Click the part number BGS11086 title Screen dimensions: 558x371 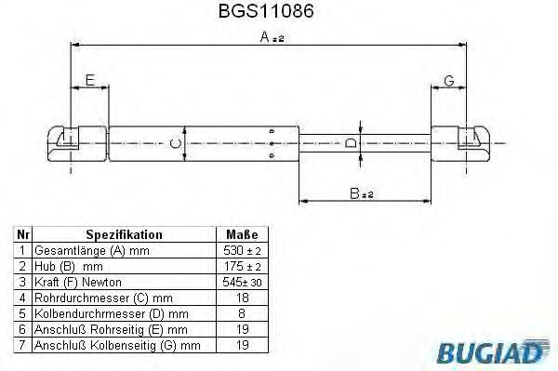tap(265, 10)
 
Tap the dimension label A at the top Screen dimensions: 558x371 tap(272, 36)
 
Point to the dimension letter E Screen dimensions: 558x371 tap(90, 80)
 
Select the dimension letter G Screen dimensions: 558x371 tap(449, 81)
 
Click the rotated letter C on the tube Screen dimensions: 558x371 tap(176, 144)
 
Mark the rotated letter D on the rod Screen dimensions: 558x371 tap(351, 143)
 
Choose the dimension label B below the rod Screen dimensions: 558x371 tap(362, 193)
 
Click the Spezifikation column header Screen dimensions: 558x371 tap(125, 234)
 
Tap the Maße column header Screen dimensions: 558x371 tap(242, 234)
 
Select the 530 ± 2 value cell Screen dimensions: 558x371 tap(242, 250)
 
